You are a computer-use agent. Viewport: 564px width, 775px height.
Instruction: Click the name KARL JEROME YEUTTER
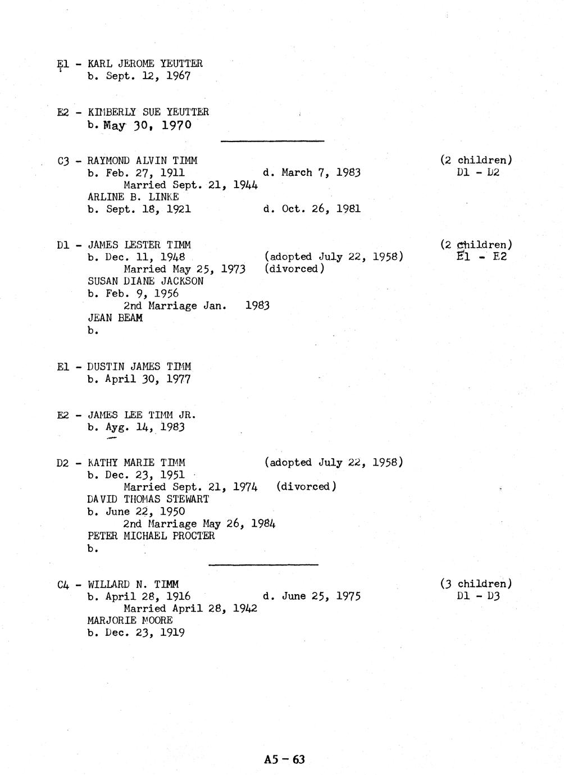[x=145, y=64]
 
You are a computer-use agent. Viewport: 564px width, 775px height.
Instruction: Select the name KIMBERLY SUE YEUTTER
[x=148, y=112]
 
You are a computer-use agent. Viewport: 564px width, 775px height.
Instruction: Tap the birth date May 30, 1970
[x=147, y=125]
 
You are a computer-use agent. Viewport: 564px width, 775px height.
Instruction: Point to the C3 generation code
[x=63, y=161]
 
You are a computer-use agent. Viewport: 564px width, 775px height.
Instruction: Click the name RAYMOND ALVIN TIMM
[x=142, y=161]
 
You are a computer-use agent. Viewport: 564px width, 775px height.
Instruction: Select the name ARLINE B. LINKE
[x=133, y=197]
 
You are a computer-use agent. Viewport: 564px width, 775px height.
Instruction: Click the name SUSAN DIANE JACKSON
[x=145, y=281]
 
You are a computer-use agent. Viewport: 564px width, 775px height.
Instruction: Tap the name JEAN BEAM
[x=115, y=318]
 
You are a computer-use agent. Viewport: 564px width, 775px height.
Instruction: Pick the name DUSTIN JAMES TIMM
[x=139, y=367]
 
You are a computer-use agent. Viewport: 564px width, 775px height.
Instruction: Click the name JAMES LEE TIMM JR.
[x=142, y=416]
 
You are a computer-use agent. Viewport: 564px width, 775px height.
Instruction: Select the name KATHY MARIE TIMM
[x=137, y=463]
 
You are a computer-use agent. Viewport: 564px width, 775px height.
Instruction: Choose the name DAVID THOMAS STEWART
[x=148, y=499]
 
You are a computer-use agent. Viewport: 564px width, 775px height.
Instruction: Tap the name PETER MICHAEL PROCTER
[x=151, y=536]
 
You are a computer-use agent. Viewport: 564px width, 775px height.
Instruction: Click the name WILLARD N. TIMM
[x=133, y=585]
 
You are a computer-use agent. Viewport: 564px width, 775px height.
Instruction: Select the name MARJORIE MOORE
[x=130, y=621]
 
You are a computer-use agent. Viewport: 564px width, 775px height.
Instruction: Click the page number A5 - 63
[x=284, y=760]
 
